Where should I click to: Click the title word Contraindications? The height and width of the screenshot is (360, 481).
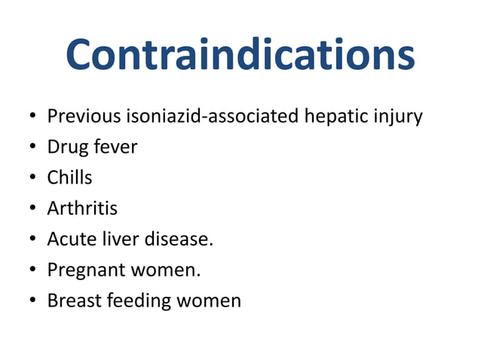(x=240, y=56)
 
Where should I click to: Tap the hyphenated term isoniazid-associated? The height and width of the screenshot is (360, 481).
(x=210, y=117)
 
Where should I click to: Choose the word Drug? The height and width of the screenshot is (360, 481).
(x=66, y=148)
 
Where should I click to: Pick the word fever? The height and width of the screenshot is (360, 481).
(x=114, y=147)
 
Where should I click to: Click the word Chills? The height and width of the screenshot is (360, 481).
(x=69, y=178)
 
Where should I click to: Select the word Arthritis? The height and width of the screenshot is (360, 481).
(x=82, y=209)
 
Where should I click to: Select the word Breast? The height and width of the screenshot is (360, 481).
(x=73, y=301)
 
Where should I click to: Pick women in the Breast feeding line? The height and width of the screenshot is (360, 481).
(x=209, y=301)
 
